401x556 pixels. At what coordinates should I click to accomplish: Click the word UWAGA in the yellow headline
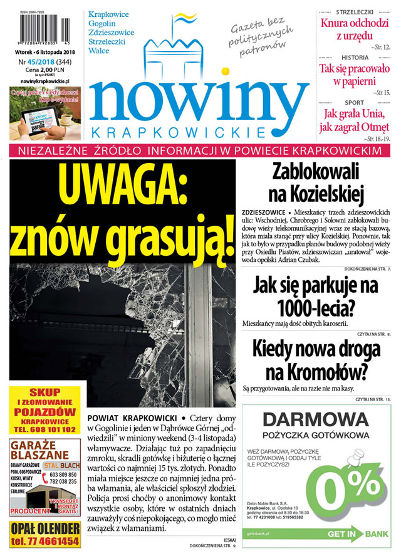[x=122, y=186]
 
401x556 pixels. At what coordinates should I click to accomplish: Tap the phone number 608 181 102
[x=45, y=429]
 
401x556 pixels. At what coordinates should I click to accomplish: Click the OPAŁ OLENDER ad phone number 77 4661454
[x=45, y=541]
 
